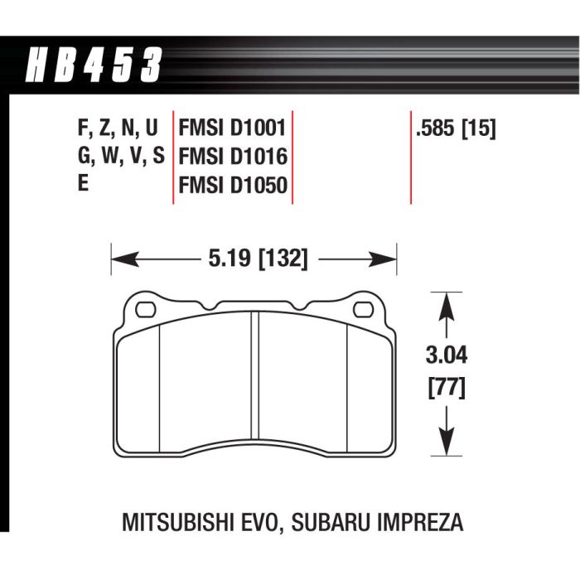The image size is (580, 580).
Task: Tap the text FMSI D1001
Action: pos(232,129)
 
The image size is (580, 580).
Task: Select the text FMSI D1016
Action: pos(232,156)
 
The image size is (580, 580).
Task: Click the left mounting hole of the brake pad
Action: pos(144,311)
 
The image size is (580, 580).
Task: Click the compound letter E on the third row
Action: pos(82,183)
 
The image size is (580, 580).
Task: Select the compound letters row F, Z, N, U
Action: pos(116,129)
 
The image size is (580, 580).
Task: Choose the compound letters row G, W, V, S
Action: pos(118,156)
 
